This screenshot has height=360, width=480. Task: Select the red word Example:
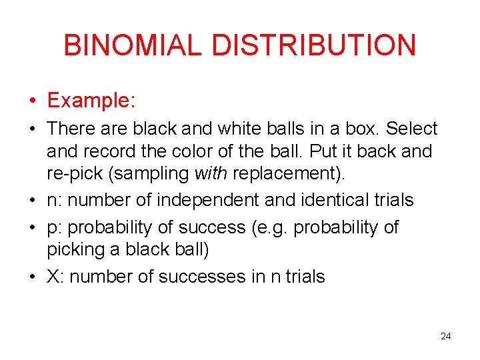coord(92,101)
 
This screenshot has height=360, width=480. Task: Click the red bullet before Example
coord(32,101)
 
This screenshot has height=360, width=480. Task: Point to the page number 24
coord(446,337)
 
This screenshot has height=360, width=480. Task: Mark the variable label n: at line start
coord(54,200)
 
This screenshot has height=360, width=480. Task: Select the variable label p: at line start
coord(54,227)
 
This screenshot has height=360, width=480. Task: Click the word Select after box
coord(412,128)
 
